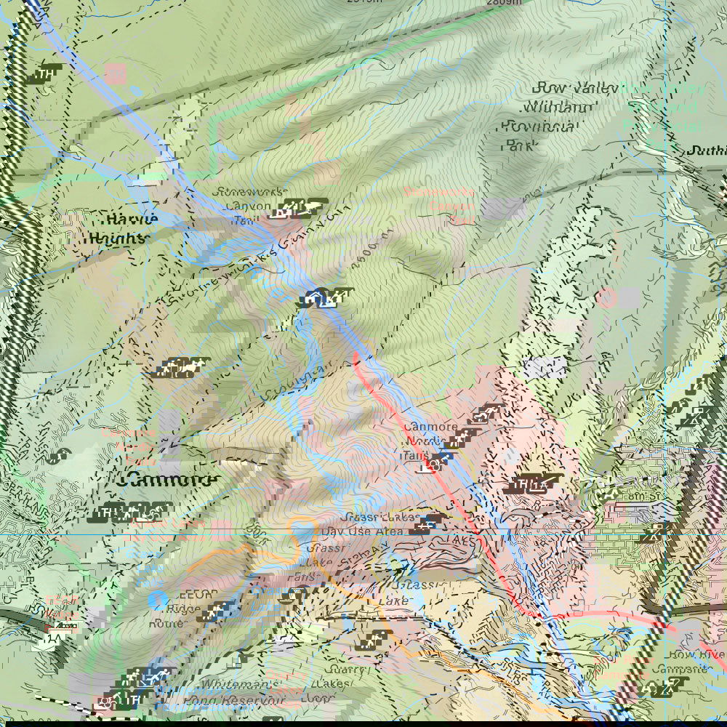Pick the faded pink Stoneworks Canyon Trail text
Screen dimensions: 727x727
coord(439,206)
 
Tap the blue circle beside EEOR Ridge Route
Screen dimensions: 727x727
coord(158,600)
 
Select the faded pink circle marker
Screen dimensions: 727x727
coord(607,297)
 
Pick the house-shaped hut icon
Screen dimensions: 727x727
coord(310,297)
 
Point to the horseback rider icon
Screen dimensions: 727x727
coord(191,368)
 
